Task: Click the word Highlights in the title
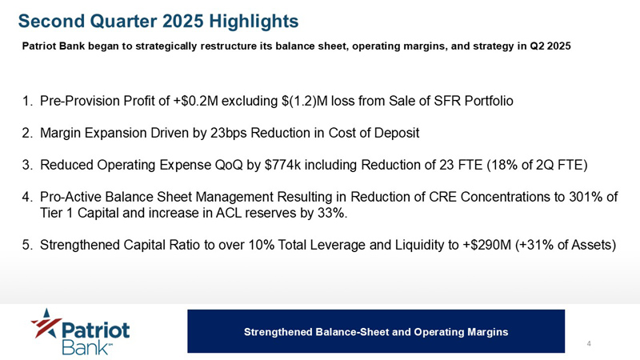point(254,22)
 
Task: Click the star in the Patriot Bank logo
point(46,323)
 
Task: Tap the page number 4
point(589,343)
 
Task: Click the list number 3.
point(27,165)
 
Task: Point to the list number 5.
point(27,245)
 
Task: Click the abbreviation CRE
point(443,197)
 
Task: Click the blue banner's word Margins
point(488,332)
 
